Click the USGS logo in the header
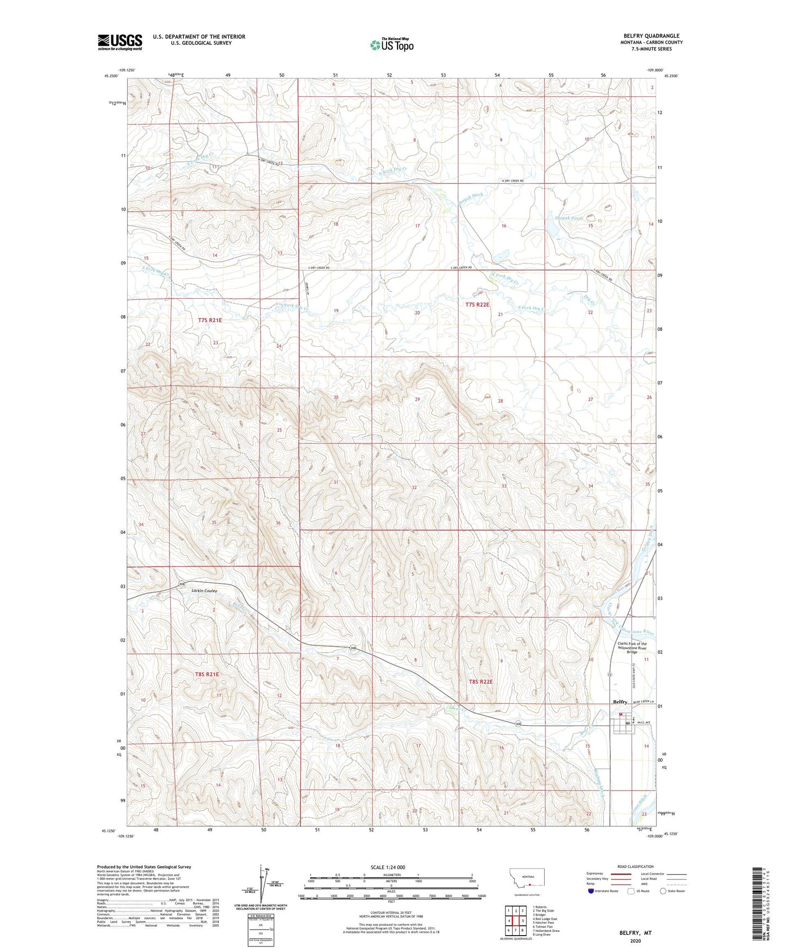(x=120, y=42)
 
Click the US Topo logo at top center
(x=392, y=45)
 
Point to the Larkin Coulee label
(x=204, y=591)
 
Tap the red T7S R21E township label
(x=210, y=321)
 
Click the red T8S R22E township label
(x=481, y=682)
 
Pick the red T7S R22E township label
(x=478, y=305)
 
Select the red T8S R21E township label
(x=207, y=674)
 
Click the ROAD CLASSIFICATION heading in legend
(x=636, y=866)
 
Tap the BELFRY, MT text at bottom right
(x=635, y=933)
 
